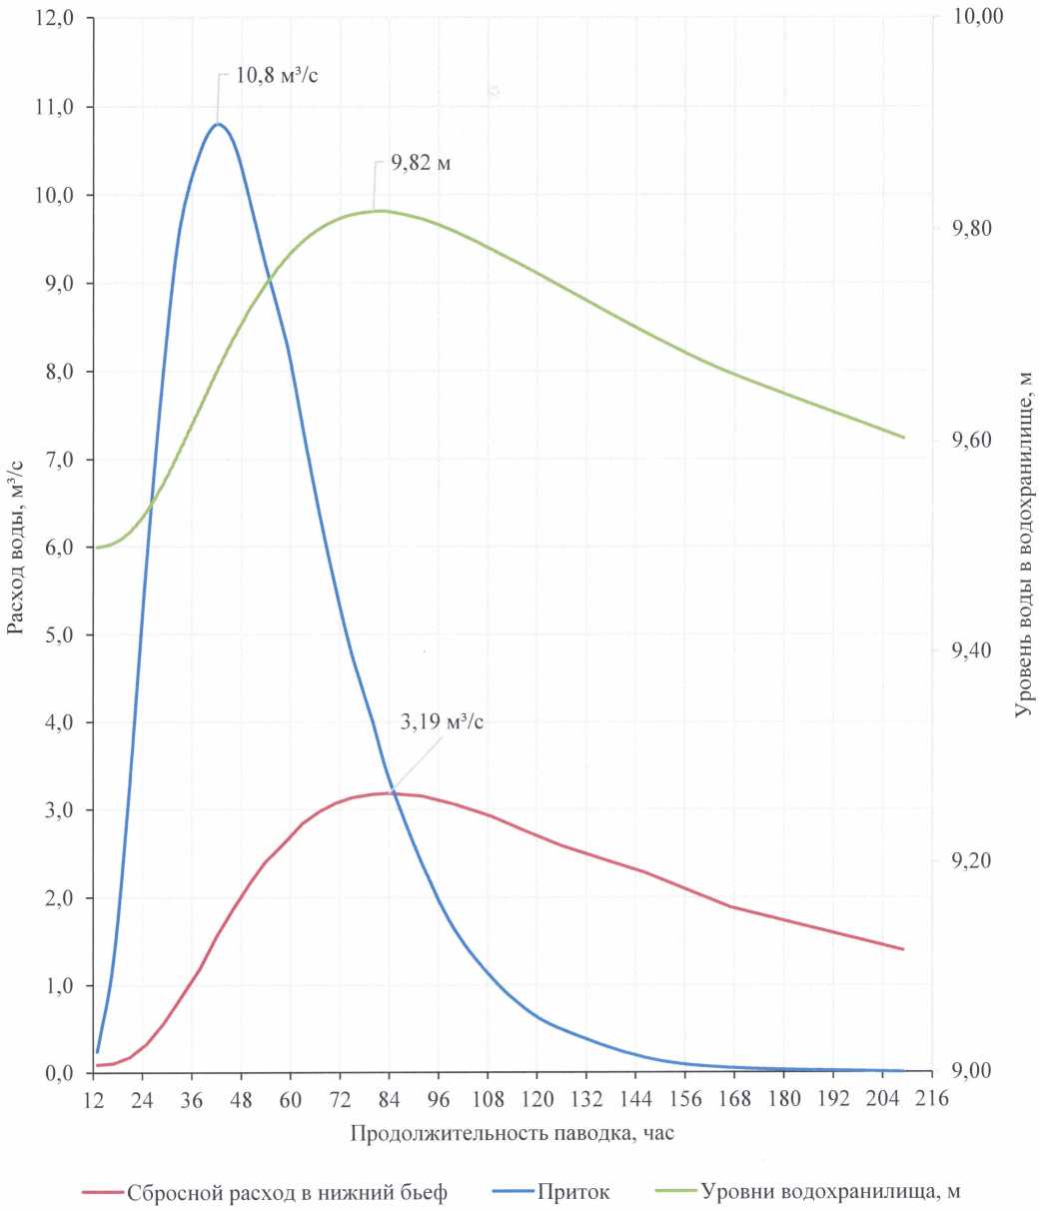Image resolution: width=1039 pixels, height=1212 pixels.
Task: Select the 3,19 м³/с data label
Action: [x=442, y=722]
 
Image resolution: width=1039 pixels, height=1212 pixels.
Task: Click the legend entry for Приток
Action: [x=570, y=1191]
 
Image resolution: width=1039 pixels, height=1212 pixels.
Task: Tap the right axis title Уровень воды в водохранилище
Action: [x=1022, y=545]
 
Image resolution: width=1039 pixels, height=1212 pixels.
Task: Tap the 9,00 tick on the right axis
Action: [x=973, y=1072]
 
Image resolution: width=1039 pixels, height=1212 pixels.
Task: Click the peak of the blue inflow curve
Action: [x=218, y=124]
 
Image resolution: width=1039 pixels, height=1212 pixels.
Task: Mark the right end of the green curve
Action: [x=903, y=438]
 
